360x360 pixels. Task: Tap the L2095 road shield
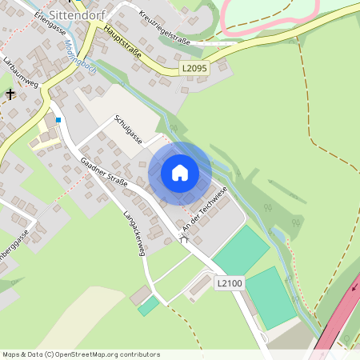pos(194,70)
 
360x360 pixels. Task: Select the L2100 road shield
pos(230,283)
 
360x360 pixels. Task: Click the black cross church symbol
pos(10,94)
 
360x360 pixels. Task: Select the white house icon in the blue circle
pos(180,173)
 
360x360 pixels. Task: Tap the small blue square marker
pos(58,120)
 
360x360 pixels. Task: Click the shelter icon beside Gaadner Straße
pos(185,238)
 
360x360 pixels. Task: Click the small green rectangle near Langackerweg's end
pos(148,305)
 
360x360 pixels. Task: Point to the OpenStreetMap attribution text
pos(81,354)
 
